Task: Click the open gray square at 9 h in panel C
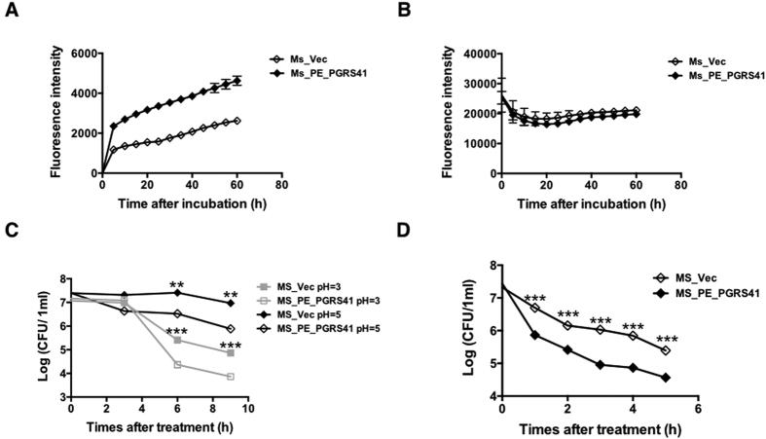click(x=231, y=376)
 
